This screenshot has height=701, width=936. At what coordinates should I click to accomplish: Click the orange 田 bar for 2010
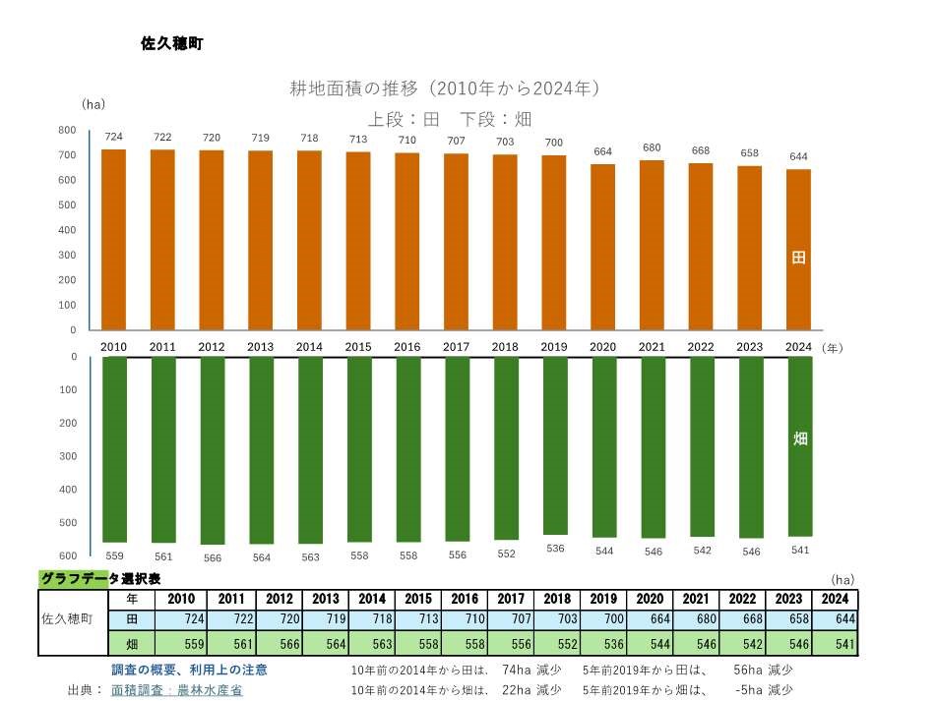tap(113, 240)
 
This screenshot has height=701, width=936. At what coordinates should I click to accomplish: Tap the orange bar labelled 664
tap(603, 247)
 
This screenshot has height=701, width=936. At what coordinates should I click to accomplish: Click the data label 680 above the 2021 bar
tap(652, 148)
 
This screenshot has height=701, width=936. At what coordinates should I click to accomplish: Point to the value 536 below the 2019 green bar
tap(555, 548)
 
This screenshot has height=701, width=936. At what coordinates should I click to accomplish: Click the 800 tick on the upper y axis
tap(67, 131)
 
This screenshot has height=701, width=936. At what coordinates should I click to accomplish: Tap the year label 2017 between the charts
tap(457, 347)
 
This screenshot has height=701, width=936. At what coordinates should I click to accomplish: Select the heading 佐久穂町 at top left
tap(172, 44)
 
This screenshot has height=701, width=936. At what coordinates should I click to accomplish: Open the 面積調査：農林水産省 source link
tap(177, 690)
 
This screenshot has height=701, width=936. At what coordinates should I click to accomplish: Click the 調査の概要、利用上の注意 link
tap(189, 670)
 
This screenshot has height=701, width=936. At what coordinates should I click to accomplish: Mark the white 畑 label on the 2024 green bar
tap(799, 438)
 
